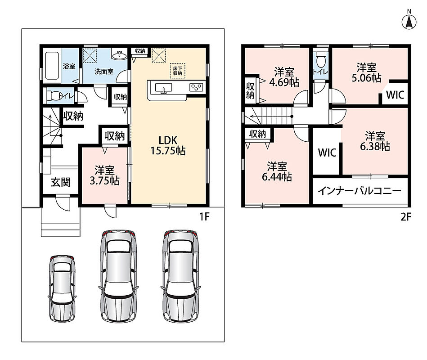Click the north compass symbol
tap(409, 22)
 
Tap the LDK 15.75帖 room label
tap(168, 146)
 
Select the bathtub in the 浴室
tap(52, 65)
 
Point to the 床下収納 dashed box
tap(177, 71)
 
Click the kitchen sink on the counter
tap(163, 88)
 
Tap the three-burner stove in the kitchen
tap(196, 87)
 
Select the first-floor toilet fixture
tap(55, 96)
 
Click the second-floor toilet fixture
tap(321, 59)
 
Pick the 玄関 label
tap(61, 182)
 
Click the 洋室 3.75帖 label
tap(104, 175)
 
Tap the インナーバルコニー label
tap(360, 191)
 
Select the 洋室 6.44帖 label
tap(277, 171)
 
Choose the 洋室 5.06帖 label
tap(366, 72)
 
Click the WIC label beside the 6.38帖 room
tap(327, 153)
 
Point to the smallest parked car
tap(62, 288)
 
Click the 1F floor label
tap(204, 217)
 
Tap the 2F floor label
tap(406, 217)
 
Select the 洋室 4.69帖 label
tap(284, 77)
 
